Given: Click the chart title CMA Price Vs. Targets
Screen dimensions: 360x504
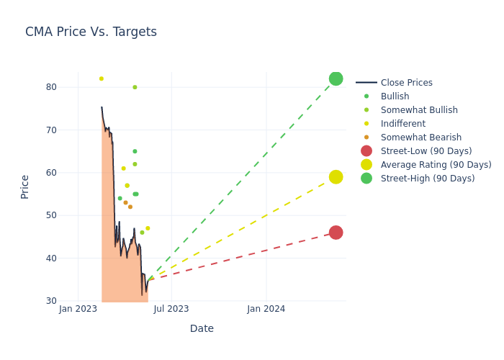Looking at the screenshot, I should pyautogui.click(x=91, y=32).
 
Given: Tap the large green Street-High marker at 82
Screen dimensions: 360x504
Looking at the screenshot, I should pyautogui.click(x=336, y=78).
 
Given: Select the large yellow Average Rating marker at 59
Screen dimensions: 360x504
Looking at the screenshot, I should pyautogui.click(x=336, y=177).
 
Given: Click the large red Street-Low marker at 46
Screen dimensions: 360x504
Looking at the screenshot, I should pyautogui.click(x=336, y=233).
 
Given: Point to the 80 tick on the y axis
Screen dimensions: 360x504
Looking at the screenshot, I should pyautogui.click(x=71, y=87).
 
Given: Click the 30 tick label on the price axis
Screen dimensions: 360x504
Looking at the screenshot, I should pyautogui.click(x=71, y=301).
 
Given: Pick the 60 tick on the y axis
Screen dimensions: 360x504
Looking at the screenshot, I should pyautogui.click(x=71, y=173).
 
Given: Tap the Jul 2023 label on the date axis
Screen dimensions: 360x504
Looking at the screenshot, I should pyautogui.click(x=171, y=309).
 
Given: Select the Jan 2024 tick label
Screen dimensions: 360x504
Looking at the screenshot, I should pyautogui.click(x=266, y=309).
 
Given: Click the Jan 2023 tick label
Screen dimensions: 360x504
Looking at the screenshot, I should pyautogui.click(x=78, y=309).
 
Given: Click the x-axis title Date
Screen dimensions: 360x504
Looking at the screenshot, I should pyautogui.click(x=202, y=329).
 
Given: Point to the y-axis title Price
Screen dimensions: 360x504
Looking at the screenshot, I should pyautogui.click(x=25, y=186).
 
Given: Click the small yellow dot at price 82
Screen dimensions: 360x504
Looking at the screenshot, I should pyautogui.click(x=102, y=78).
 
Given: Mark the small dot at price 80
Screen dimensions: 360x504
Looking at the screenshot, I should pyautogui.click(x=135, y=87).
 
